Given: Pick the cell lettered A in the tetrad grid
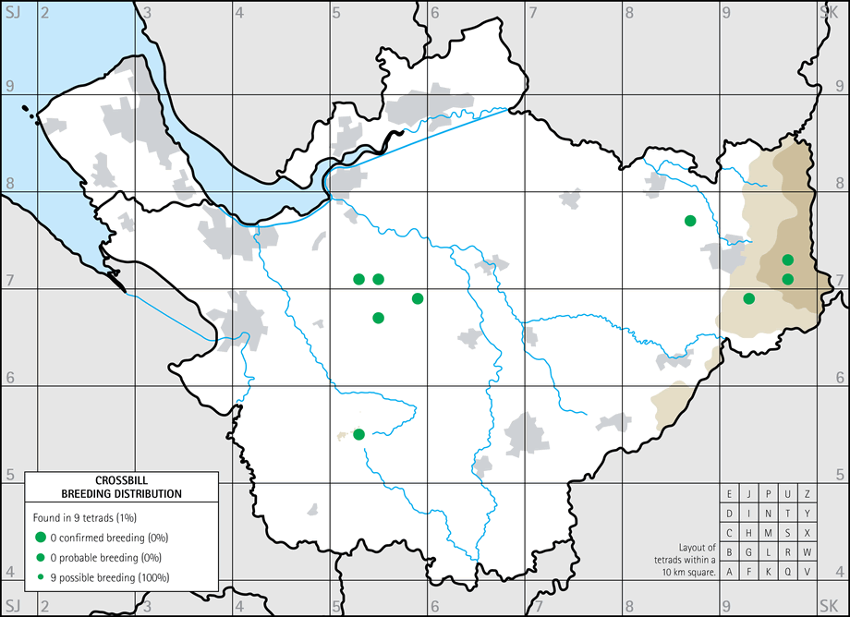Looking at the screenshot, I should (x=730, y=572).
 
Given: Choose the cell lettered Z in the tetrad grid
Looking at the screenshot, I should (x=807, y=494).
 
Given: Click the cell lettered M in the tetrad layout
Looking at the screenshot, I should (x=769, y=533).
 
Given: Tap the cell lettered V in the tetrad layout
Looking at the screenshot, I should (x=807, y=572).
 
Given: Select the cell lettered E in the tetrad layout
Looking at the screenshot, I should (x=730, y=494).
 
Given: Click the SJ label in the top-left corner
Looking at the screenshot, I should (x=12, y=10).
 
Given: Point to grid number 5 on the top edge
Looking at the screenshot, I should (x=337, y=12).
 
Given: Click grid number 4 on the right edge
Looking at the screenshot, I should (x=840, y=571).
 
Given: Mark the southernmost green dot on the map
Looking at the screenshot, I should (x=359, y=434).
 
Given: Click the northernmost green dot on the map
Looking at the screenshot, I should (x=690, y=220).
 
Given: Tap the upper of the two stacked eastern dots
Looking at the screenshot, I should (x=788, y=260).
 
